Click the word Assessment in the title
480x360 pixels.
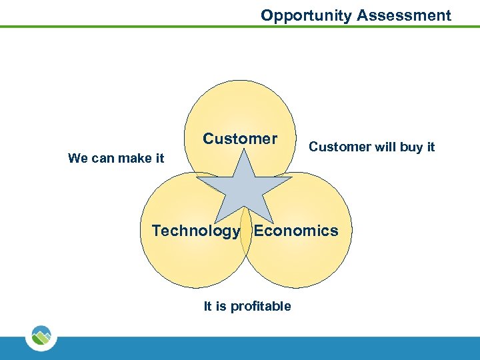pyautogui.click(x=404, y=15)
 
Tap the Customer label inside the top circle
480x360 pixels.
pyautogui.click(x=240, y=139)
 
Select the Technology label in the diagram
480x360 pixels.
pyautogui.click(x=196, y=231)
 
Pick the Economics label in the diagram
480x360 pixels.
pyautogui.click(x=296, y=231)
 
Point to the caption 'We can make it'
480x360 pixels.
pyautogui.click(x=116, y=158)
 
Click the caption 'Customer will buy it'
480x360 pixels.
pyautogui.click(x=371, y=147)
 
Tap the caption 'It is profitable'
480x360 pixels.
pyautogui.click(x=247, y=306)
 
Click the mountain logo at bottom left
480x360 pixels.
pyautogui.click(x=41, y=336)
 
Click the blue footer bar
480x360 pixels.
pyautogui.click(x=267, y=348)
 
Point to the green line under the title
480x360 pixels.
pyautogui.click(x=200, y=27)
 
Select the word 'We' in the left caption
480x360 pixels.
pyautogui.click(x=78, y=158)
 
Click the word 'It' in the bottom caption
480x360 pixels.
pyautogui.click(x=207, y=306)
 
